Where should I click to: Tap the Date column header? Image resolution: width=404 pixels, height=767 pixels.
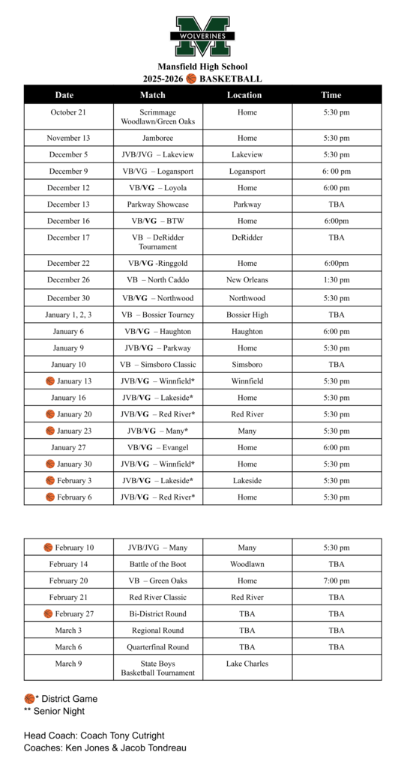64,95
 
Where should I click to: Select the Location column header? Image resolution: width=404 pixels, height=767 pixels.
244,95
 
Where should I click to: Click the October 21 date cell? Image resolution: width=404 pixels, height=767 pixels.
68,112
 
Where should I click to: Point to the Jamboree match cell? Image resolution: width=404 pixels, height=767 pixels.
157,138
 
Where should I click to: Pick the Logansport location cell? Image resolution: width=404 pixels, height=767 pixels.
247,171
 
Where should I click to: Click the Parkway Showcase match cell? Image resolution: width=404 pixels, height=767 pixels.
157,204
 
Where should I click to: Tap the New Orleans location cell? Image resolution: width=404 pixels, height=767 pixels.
247,280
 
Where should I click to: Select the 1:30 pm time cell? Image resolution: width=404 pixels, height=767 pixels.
336,280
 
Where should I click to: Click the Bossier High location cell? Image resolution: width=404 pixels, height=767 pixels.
247,315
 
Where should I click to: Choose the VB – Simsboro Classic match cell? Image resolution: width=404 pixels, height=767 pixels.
157,365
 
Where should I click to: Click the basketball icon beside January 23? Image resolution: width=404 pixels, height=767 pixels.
50,431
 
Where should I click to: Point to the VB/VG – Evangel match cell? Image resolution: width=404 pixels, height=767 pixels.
157,447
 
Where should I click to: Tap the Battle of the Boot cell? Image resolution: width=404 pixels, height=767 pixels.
157,564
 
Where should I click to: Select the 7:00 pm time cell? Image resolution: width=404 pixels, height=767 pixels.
336,580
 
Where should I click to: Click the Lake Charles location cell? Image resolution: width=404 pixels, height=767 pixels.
247,664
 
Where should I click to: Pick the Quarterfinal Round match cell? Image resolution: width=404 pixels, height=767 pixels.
157,647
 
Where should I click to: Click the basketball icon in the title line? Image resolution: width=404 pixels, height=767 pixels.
191,79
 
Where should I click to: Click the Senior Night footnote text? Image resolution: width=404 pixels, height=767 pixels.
59,711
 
